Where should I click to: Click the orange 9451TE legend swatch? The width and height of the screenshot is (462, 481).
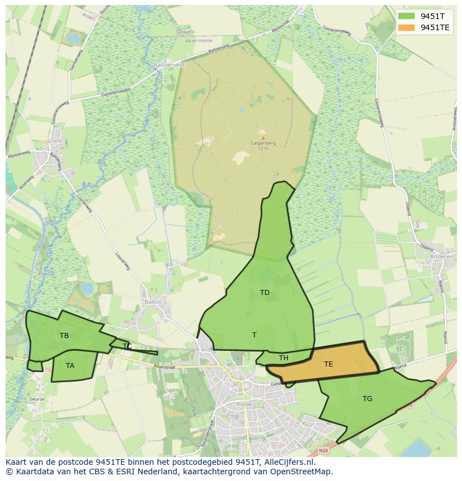(407, 27)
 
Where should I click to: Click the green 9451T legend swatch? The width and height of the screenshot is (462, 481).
(407, 16)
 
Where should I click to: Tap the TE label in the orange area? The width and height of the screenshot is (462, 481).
(328, 364)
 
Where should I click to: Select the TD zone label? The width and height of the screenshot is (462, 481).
(264, 292)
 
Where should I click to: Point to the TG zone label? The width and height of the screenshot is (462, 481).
(367, 398)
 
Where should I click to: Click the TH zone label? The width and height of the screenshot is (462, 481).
(283, 358)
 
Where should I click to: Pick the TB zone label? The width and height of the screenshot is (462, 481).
(64, 336)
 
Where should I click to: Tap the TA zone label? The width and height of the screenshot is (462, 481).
(70, 366)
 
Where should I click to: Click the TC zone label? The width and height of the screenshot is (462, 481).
(127, 346)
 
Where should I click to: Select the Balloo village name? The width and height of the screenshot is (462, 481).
(153, 302)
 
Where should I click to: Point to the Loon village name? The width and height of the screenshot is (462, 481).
(56, 141)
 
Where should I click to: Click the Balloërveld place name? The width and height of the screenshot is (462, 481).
(169, 65)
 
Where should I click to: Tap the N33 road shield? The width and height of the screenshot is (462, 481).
(324, 450)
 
